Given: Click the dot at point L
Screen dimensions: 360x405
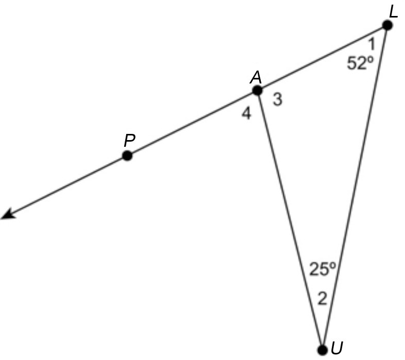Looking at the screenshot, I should click(387, 25).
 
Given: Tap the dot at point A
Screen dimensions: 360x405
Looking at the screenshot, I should click(257, 91).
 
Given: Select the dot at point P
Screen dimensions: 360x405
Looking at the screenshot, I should click(127, 156).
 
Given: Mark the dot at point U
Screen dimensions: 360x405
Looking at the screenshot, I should click(323, 350).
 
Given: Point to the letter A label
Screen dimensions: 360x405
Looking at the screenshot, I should click(256, 77).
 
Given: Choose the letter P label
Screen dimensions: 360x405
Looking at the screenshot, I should click(129, 140).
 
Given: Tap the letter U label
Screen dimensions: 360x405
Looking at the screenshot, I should click(337, 349).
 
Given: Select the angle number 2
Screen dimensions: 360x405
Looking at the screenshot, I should click(322, 299).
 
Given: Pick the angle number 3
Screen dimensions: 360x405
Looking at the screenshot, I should click(277, 100).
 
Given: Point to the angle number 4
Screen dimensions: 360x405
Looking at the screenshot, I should click(247, 114).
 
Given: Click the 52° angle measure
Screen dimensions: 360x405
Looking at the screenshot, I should click(360, 63).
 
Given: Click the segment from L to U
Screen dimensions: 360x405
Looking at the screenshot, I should click(355, 188).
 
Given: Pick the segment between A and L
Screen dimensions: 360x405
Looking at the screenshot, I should click(322, 58).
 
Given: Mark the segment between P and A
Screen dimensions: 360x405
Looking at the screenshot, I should click(192, 123).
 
